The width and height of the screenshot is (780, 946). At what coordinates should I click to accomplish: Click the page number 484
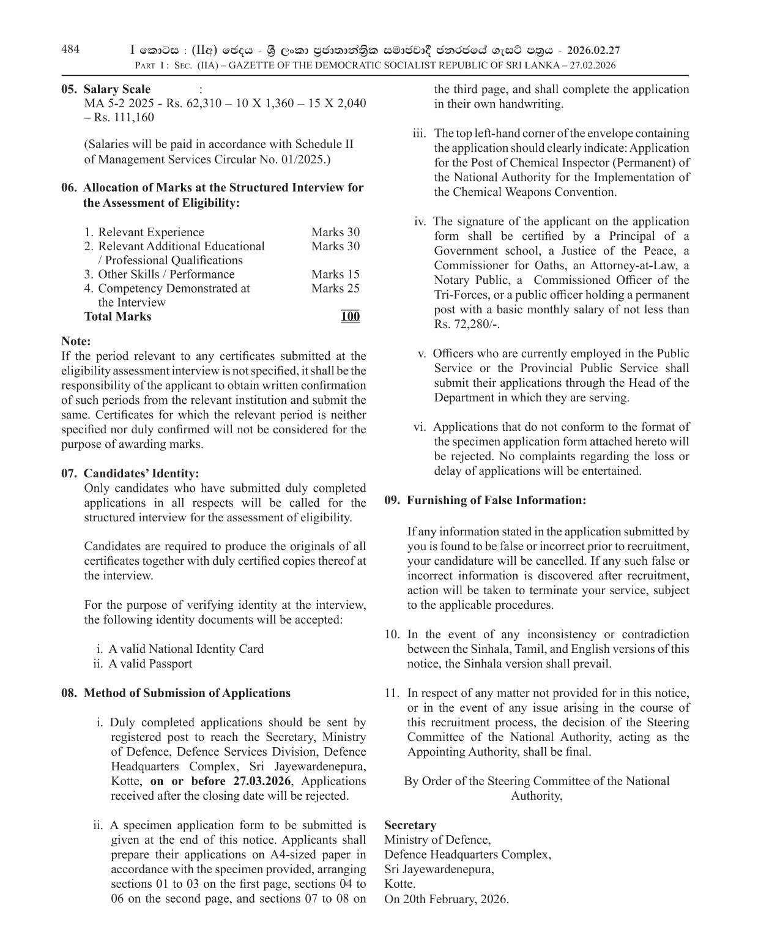(70, 50)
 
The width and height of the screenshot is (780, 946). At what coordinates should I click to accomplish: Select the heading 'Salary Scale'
(117, 89)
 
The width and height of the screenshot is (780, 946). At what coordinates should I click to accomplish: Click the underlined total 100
(350, 316)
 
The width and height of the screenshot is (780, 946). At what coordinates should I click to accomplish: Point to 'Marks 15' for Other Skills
(335, 274)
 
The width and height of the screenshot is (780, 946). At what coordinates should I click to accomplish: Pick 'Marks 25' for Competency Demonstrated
(335, 288)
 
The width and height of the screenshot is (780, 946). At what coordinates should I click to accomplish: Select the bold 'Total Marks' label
(117, 316)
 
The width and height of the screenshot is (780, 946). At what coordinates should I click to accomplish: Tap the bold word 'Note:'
(76, 341)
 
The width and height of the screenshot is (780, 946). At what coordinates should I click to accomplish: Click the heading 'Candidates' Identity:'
(141, 474)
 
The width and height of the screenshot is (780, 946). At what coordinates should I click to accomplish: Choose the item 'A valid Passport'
(150, 663)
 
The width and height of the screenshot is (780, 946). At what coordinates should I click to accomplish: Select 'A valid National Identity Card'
(185, 649)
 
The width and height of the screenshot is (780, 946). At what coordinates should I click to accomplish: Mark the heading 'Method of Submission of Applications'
(187, 693)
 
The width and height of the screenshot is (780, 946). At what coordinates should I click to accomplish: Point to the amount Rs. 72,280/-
(466, 324)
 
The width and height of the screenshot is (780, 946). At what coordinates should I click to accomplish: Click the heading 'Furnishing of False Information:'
(496, 500)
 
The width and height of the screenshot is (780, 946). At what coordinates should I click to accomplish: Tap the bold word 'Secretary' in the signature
(410, 825)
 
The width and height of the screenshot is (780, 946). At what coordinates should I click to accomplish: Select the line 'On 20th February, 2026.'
(447, 899)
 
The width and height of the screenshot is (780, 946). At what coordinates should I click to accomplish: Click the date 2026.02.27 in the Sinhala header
(593, 50)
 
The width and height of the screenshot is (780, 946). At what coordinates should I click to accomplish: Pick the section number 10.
(392, 634)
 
